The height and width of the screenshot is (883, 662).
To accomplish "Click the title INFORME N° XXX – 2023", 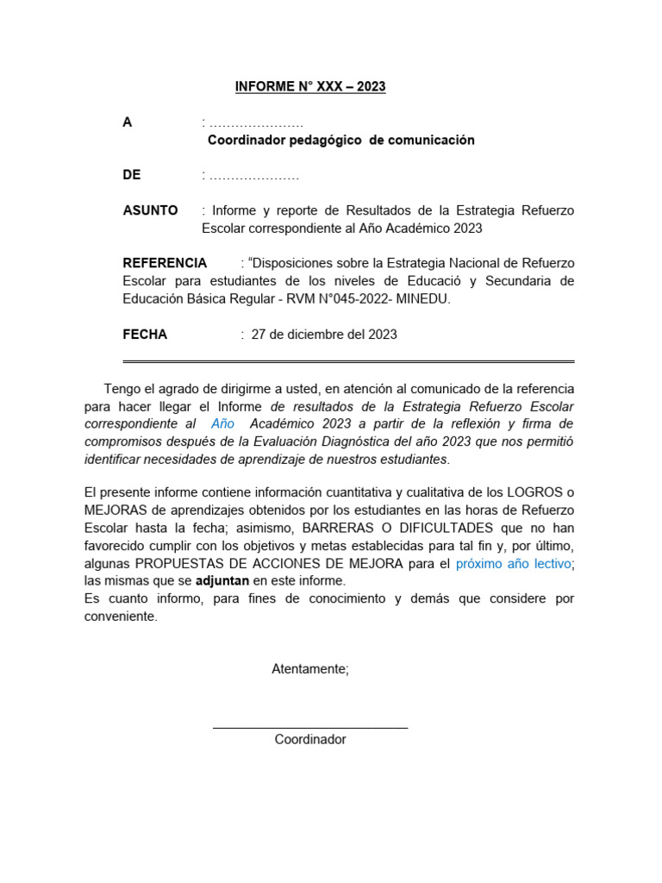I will pyautogui.click(x=310, y=87).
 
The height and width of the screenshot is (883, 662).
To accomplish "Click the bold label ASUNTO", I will pyautogui.click(x=150, y=210).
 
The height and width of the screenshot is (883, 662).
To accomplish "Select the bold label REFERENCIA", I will pyautogui.click(x=165, y=263).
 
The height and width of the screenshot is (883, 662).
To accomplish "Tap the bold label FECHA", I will pyautogui.click(x=145, y=335).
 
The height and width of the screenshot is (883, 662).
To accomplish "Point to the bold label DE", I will pyautogui.click(x=131, y=175).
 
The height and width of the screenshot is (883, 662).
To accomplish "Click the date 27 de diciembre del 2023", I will pyautogui.click(x=323, y=335).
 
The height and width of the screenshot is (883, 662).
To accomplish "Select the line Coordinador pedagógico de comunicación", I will pyautogui.click(x=341, y=141).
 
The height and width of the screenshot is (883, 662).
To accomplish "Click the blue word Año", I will pyautogui.click(x=222, y=424).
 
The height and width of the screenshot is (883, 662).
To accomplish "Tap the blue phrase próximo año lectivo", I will pyautogui.click(x=513, y=563).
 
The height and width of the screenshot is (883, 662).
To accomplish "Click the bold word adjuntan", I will pyautogui.click(x=222, y=581).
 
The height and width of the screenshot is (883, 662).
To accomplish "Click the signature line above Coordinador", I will pyautogui.click(x=310, y=729).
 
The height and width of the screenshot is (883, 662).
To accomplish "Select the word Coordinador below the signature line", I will pyautogui.click(x=310, y=740).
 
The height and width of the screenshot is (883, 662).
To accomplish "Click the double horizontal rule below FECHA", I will pyautogui.click(x=348, y=361).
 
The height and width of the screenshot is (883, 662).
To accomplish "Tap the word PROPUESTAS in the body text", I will pyautogui.click(x=174, y=563).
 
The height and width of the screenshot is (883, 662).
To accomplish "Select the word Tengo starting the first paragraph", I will pyautogui.click(x=121, y=389).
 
